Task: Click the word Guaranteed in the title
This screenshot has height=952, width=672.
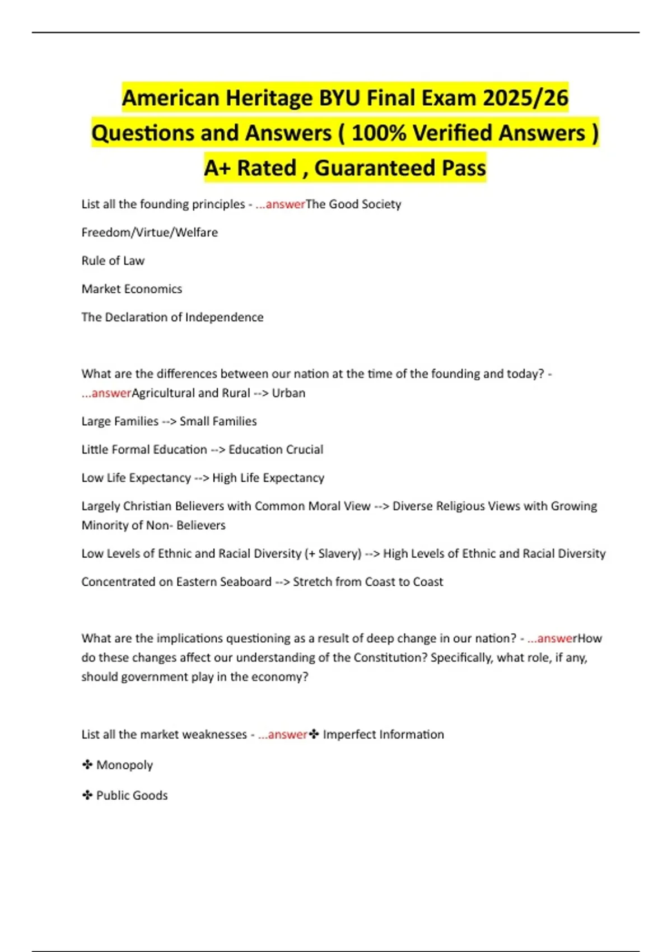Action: pyautogui.click(x=375, y=168)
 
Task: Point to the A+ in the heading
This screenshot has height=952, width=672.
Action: pyautogui.click(x=217, y=168)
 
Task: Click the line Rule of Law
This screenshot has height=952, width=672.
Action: pyautogui.click(x=113, y=261)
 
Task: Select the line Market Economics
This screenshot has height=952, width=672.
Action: pyautogui.click(x=132, y=289)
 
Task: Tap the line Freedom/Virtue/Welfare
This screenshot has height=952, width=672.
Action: pyautogui.click(x=150, y=232)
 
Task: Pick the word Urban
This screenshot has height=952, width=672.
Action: pyautogui.click(x=288, y=393)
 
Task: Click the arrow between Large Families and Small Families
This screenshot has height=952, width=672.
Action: pyautogui.click(x=169, y=422)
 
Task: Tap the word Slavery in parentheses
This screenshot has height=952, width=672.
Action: pyautogui.click(x=339, y=554)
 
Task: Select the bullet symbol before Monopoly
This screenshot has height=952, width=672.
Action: pyautogui.click(x=87, y=765)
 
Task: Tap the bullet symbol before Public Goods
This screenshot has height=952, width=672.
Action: pyautogui.click(x=87, y=795)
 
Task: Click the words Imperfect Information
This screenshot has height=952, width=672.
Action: pyautogui.click(x=383, y=735)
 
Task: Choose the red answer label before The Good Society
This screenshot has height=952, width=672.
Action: pyautogui.click(x=280, y=204)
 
